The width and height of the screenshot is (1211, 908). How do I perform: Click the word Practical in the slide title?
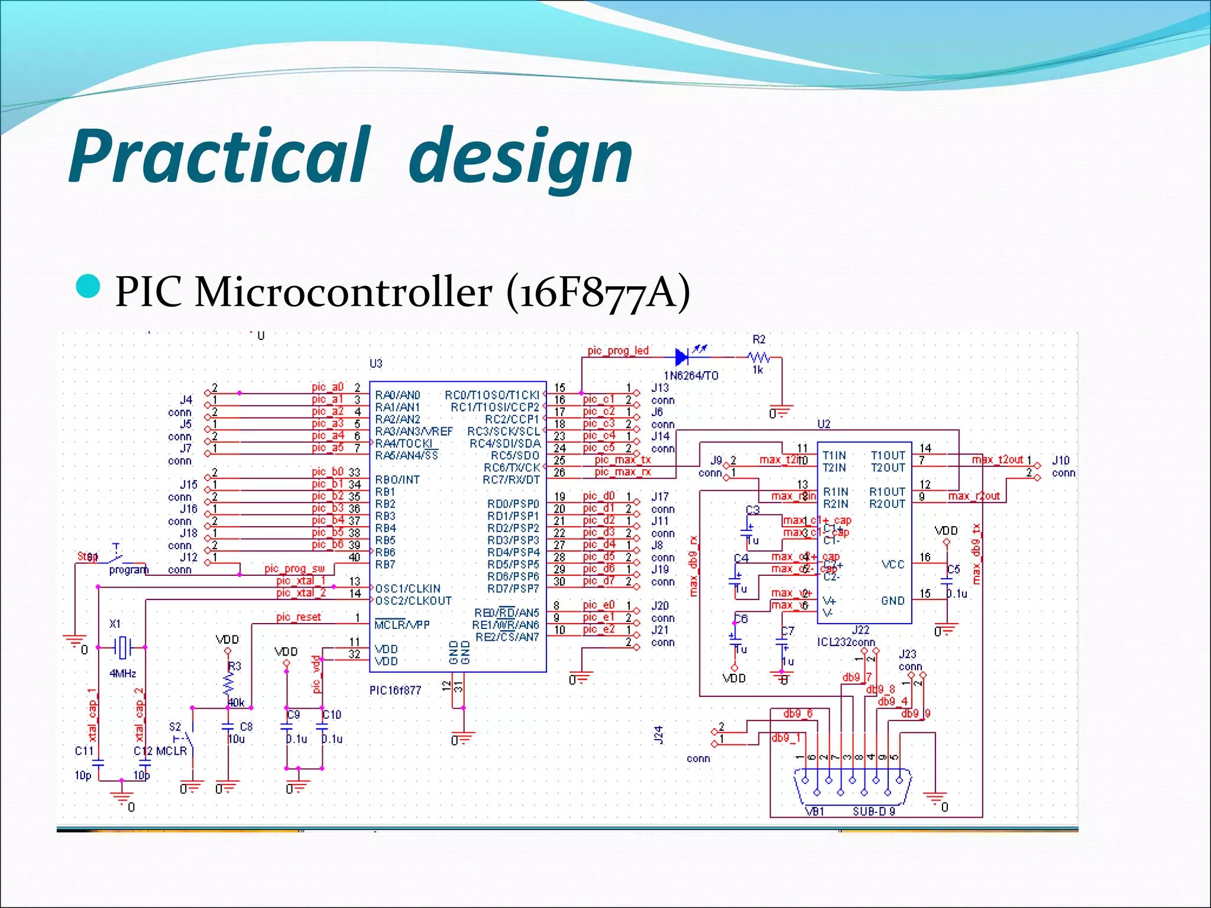tap(219, 157)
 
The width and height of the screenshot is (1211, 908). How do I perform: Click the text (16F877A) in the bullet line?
tap(598, 292)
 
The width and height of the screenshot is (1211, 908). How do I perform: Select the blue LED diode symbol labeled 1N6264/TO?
tap(682, 357)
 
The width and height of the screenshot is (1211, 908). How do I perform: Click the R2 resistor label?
tap(759, 339)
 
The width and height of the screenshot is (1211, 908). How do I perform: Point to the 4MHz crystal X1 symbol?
tap(122, 647)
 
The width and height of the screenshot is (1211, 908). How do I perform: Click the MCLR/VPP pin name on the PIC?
tap(402, 625)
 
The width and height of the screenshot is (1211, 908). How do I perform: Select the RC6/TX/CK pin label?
tap(511, 468)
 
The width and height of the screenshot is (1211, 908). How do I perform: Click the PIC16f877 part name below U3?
tap(395, 690)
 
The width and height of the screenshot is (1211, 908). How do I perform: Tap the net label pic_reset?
tap(299, 617)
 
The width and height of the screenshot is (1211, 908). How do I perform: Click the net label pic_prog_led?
tap(618, 351)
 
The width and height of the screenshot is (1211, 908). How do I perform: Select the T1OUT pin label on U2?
tap(888, 455)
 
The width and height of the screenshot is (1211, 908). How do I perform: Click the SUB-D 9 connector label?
tap(873, 812)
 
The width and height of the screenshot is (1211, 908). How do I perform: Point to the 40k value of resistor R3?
tap(236, 703)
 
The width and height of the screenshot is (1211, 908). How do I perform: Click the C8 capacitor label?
tap(246, 727)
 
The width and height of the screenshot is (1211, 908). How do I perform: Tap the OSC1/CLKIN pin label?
tap(408, 589)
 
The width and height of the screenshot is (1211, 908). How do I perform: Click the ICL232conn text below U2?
tap(846, 643)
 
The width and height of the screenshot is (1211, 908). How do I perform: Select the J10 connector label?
tap(1061, 461)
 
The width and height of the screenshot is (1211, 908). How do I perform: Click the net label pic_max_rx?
tap(623, 472)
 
